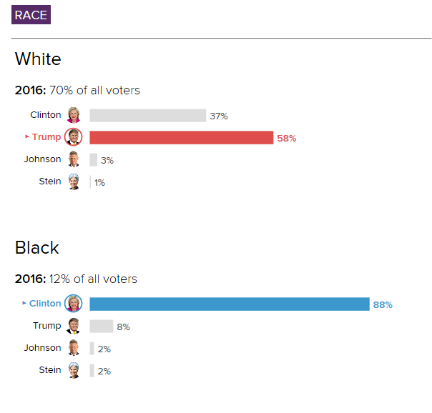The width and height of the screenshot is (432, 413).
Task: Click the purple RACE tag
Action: tap(31, 15)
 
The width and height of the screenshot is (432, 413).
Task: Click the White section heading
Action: tap(38, 59)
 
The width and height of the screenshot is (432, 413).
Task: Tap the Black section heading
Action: tap(36, 247)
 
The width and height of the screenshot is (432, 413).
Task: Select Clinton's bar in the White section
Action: tap(147, 116)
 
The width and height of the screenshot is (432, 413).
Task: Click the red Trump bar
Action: tap(181, 138)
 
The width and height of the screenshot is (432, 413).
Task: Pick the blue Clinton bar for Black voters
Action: tap(229, 304)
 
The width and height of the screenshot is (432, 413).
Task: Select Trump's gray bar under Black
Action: tap(101, 327)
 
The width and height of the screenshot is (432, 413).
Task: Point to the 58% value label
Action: tap(286, 138)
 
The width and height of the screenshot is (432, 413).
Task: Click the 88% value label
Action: tap(383, 304)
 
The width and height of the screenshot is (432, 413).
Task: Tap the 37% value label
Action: tap(219, 116)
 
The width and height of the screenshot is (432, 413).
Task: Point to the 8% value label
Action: tap(123, 327)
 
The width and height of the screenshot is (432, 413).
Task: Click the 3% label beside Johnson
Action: tap(107, 160)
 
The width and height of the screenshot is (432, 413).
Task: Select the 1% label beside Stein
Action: tap(100, 182)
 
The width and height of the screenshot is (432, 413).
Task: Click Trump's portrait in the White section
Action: tap(74, 137)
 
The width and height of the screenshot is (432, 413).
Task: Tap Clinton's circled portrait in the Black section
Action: tap(73, 304)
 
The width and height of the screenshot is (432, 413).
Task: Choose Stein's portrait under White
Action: tap(74, 181)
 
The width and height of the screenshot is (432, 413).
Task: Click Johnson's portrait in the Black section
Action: tap(74, 348)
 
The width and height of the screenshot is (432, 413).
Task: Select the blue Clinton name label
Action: tap(45, 304)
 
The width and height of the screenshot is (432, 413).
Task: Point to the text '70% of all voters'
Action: tap(94, 90)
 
